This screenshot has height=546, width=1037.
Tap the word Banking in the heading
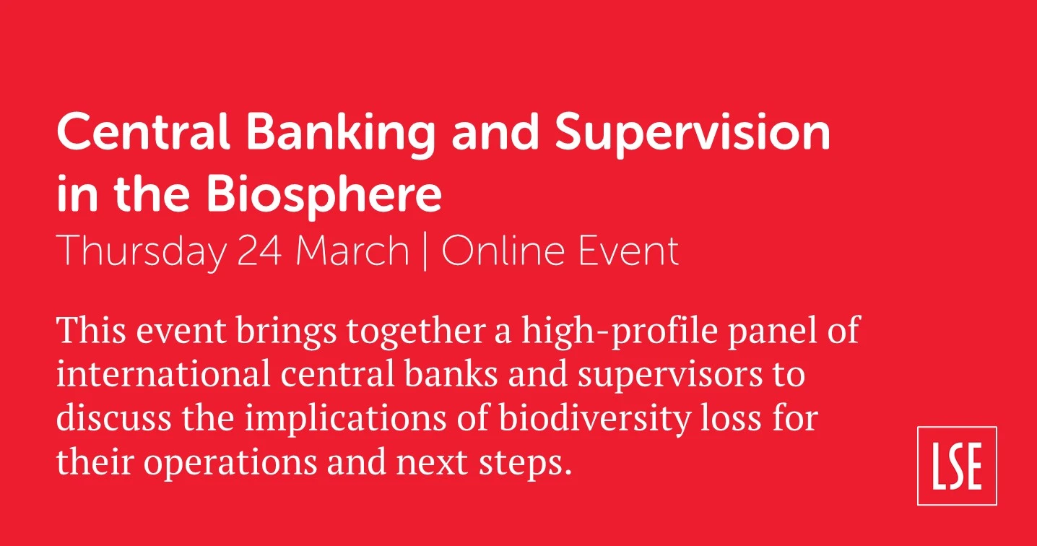pyautogui.click(x=341, y=135)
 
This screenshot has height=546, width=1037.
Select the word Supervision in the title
pyautogui.click(x=693, y=135)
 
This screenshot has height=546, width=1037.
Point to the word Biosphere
pyautogui.click(x=324, y=195)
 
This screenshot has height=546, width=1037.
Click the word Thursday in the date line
pyautogui.click(x=142, y=253)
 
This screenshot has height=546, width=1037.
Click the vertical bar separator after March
pyautogui.click(x=425, y=252)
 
